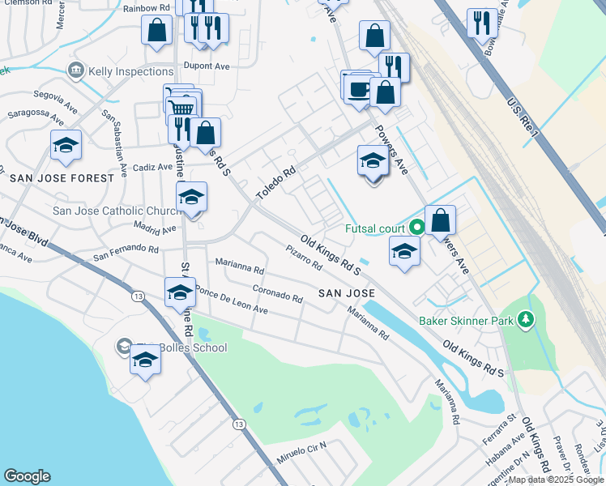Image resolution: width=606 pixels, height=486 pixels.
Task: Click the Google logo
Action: (27, 476)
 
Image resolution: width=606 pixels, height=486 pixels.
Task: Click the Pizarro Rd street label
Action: (304, 260)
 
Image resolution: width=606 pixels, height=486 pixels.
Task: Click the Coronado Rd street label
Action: (277, 292)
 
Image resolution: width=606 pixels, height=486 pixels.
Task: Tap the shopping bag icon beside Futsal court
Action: (440, 220)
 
